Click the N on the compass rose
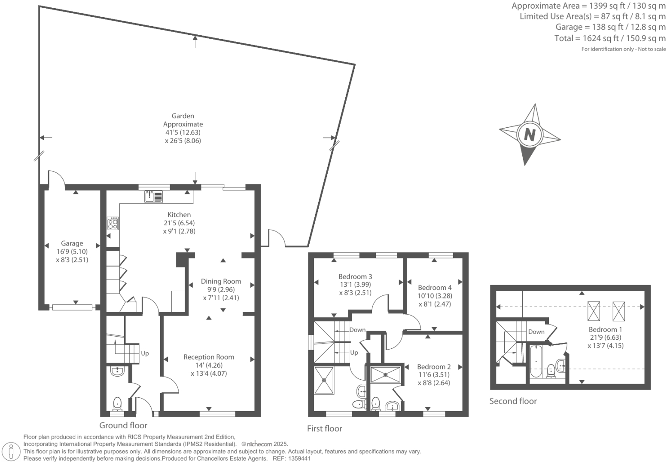coord(530,135)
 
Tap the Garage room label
coord(72,243)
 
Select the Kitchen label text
coord(179,215)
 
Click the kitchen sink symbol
coord(153,197)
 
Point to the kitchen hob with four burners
coord(113,224)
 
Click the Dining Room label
coord(221,281)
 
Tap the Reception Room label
coord(209,357)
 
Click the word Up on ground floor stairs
coord(145,353)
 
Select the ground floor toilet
coord(117,404)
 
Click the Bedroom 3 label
coord(355,277)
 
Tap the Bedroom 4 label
coord(435,287)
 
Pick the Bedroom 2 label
coord(434,367)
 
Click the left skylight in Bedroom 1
coord(594,311)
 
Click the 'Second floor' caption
coord(513,401)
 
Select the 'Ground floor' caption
coord(123,425)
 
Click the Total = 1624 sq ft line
coord(610,38)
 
